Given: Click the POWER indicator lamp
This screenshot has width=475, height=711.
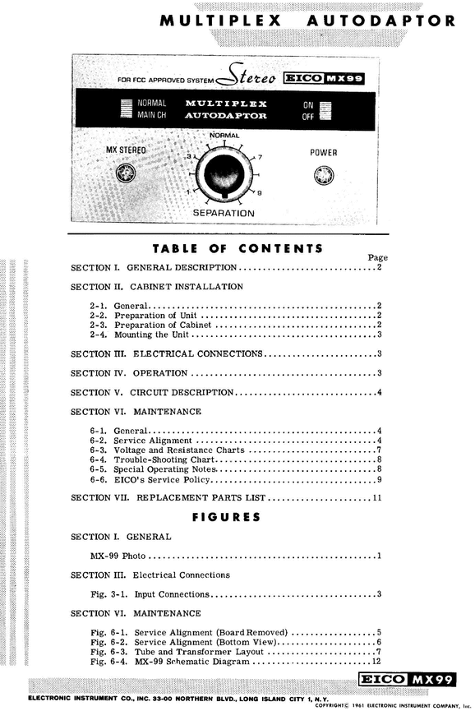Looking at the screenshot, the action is point(323,176).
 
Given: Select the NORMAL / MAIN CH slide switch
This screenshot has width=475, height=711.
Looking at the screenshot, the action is point(126,109).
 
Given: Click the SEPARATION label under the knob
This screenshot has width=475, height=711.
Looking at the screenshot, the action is point(224,213).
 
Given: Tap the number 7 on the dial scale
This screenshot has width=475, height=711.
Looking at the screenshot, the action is point(260,157).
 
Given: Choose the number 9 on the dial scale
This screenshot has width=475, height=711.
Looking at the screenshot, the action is point(260,193).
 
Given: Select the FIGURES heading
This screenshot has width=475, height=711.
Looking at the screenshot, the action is point(226,517).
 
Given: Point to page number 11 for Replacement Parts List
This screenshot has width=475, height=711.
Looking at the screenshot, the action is point(377,498).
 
